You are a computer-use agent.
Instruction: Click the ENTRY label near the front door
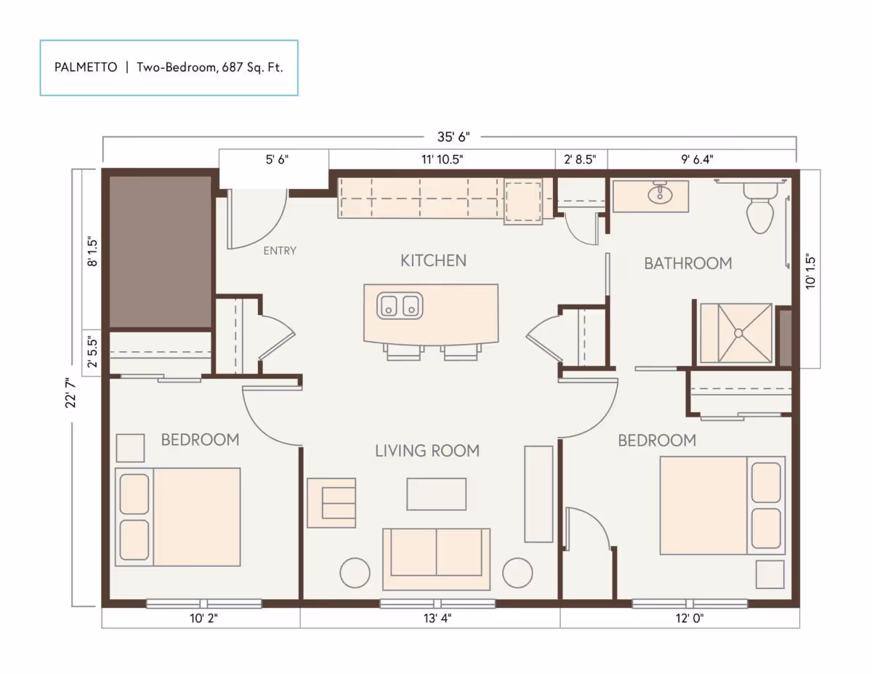point(280,251)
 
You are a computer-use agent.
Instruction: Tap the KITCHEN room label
point(433,260)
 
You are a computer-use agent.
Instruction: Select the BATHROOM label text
point(687,263)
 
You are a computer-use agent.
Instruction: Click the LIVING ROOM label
point(427,451)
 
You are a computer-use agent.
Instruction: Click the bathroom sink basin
point(660,194)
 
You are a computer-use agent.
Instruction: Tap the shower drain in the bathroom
point(738,333)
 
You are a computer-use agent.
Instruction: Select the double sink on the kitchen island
point(400,305)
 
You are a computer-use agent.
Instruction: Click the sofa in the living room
point(436,558)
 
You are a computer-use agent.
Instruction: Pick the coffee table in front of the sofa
point(436,494)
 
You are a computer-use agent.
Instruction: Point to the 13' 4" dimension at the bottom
point(430,619)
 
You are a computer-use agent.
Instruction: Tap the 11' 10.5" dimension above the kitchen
point(441,159)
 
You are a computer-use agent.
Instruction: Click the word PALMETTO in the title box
point(86,68)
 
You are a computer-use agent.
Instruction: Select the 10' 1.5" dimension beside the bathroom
point(811,270)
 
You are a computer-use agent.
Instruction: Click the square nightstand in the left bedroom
point(130,448)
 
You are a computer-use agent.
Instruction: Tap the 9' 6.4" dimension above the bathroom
point(701,159)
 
